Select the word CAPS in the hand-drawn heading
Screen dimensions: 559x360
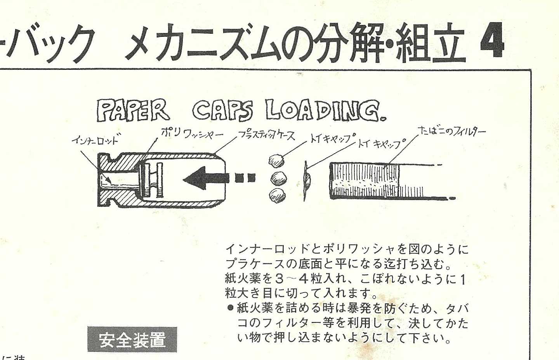pyautogui.click(x=222, y=111)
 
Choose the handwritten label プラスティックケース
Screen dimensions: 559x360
pyautogui.click(x=266, y=136)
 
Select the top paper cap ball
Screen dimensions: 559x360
pyautogui.click(x=276, y=160)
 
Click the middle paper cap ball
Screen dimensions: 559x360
pyautogui.click(x=279, y=178)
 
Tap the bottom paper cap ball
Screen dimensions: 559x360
pyautogui.click(x=278, y=196)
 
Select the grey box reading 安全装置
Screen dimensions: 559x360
pyautogui.click(x=132, y=339)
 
